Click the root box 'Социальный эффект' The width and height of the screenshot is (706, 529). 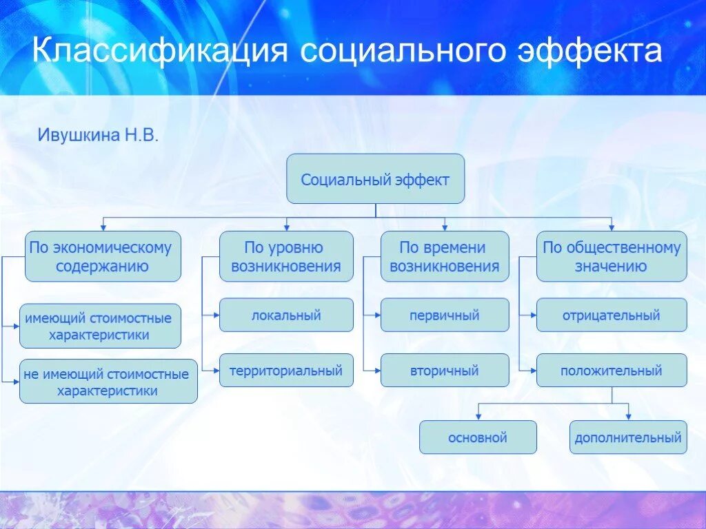tap(375, 179)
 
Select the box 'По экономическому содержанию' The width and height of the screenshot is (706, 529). tap(103, 256)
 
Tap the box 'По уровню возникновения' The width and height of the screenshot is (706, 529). tap(286, 256)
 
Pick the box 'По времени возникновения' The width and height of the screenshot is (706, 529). tap(445, 256)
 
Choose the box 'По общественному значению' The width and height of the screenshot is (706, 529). tap(612, 256)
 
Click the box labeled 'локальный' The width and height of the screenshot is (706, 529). tap(286, 315)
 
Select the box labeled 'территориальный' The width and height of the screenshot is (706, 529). tap(286, 371)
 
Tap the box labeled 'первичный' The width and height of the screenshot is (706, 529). tap(445, 315)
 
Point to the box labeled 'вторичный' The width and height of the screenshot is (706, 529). tap(445, 371)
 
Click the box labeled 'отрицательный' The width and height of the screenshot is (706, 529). tap(612, 315)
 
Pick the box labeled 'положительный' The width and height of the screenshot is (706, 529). tap(612, 371)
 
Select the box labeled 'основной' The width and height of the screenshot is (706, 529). tap(478, 437)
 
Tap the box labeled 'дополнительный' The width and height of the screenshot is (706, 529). tap(628, 437)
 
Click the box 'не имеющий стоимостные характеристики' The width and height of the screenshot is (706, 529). tap(108, 382)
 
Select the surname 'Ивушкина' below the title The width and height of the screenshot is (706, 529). tap(78, 135)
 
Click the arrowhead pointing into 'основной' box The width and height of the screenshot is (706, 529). tap(478, 416)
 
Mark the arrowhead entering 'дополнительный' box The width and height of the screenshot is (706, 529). tap(628, 416)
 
